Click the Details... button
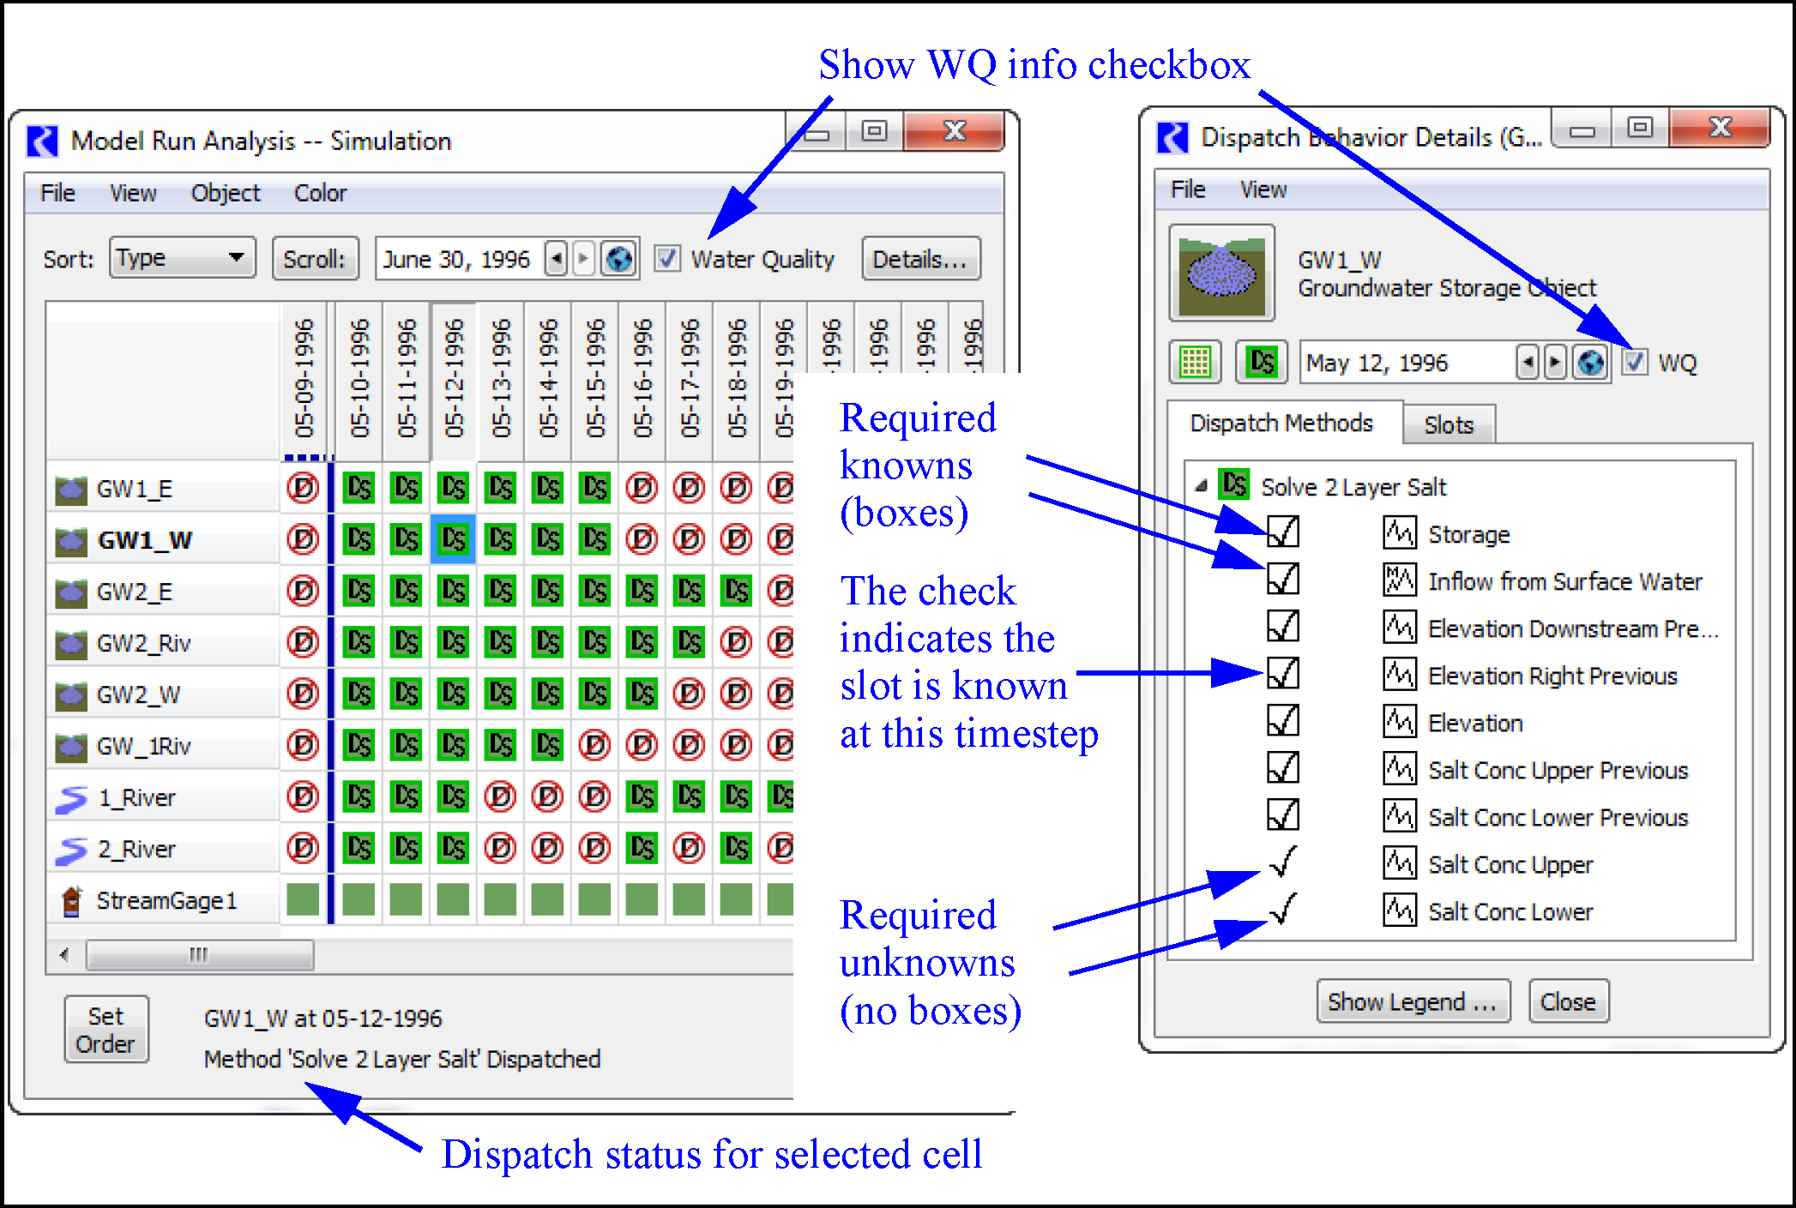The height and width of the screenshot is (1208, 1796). (x=920, y=259)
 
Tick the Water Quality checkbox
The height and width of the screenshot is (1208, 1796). (x=667, y=259)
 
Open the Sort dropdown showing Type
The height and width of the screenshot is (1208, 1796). (x=182, y=258)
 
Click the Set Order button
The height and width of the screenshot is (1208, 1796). (x=105, y=1030)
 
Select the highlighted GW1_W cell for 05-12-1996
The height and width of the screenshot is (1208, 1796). (x=453, y=539)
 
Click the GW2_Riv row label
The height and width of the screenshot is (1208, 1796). (x=143, y=643)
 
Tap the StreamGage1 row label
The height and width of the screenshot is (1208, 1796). (x=166, y=901)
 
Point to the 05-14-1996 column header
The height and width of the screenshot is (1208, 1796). (x=547, y=377)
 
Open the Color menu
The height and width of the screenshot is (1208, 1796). (x=320, y=194)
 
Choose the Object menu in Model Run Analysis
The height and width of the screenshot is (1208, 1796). (x=225, y=194)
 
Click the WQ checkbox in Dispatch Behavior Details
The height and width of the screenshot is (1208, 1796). (x=1635, y=363)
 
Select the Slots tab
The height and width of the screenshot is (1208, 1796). (x=1449, y=425)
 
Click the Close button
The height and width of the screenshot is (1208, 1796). (x=1568, y=1001)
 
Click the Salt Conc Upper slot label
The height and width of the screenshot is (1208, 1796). (x=1510, y=865)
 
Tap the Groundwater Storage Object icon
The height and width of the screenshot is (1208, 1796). (x=1221, y=273)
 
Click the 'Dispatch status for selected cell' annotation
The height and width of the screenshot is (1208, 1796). (x=712, y=1155)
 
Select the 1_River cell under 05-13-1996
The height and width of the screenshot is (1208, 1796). (x=500, y=797)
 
